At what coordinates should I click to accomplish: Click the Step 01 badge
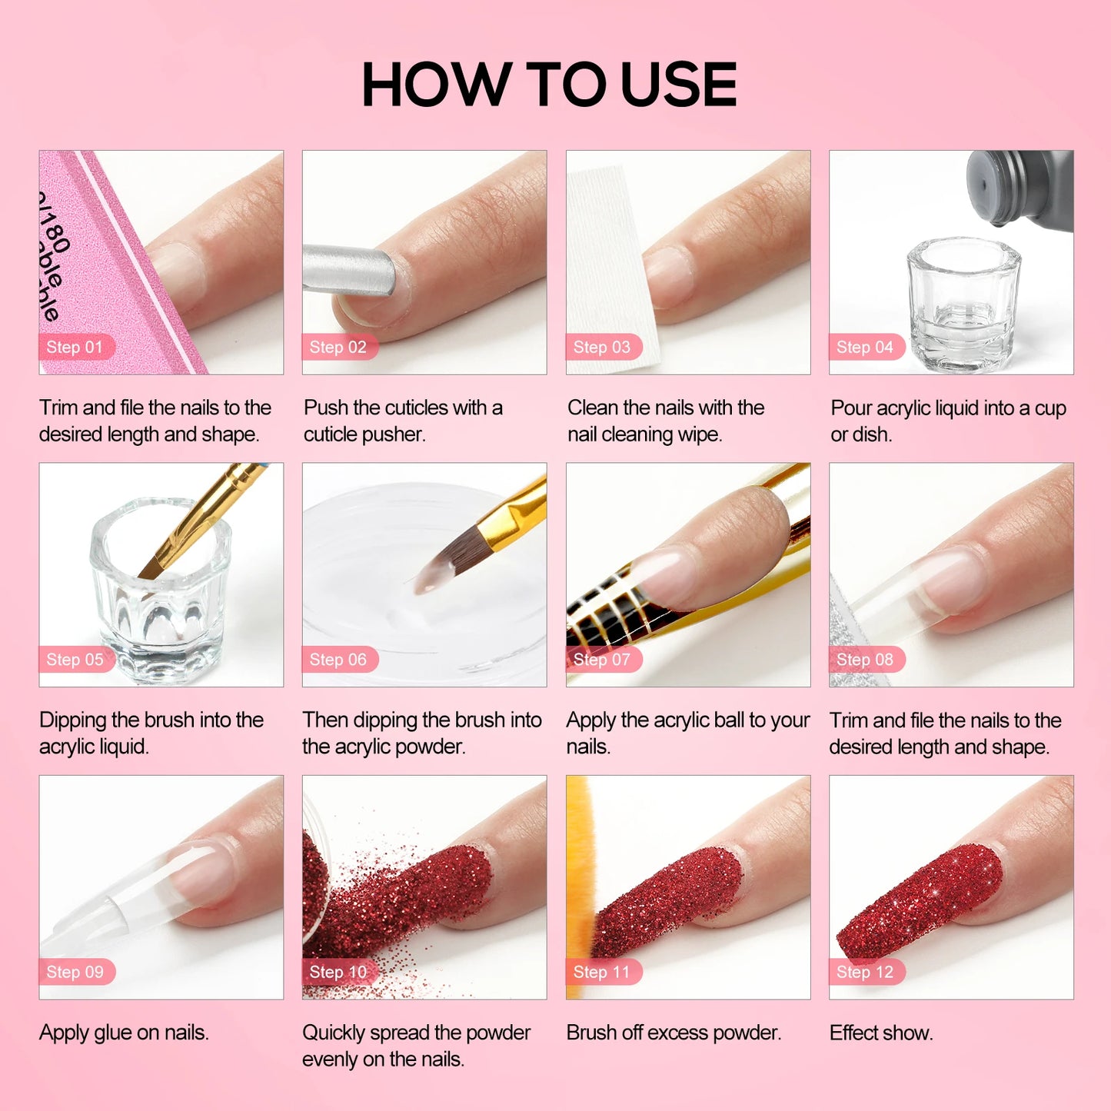(x=77, y=347)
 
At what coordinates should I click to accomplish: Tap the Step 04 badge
(x=867, y=347)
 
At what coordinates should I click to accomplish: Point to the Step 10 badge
(x=340, y=972)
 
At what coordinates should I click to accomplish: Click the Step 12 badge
(x=867, y=972)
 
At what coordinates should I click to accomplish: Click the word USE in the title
(x=679, y=84)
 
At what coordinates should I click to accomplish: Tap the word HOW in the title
(x=437, y=84)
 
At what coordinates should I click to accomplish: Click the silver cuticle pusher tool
(x=349, y=270)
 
